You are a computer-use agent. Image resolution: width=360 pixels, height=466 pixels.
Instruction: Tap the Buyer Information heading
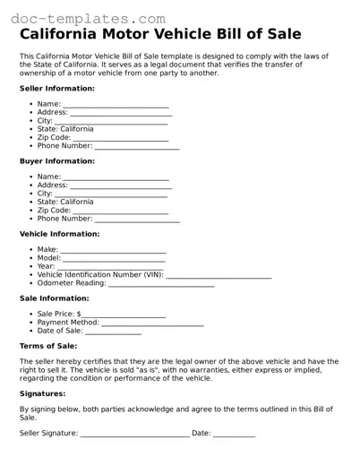pyautogui.click(x=56, y=161)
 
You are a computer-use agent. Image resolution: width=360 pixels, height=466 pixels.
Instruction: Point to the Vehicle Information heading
pyautogui.click(x=59, y=234)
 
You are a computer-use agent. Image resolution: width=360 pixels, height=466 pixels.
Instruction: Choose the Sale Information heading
pyautogui.click(x=54, y=298)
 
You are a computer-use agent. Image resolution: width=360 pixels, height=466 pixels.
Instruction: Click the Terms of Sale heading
pyautogui.click(x=47, y=346)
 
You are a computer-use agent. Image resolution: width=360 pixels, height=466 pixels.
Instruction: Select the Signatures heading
pyautogui.click(x=42, y=393)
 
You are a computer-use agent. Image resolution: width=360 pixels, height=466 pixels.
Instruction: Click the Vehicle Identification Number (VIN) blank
pyautogui.click(x=219, y=277)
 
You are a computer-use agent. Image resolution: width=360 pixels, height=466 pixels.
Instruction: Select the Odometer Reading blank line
pyautogui.click(x=161, y=285)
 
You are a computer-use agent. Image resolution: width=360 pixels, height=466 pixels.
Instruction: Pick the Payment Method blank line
pyautogui.click(x=152, y=324)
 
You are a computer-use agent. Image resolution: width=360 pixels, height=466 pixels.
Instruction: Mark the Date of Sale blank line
pyautogui.click(x=113, y=332)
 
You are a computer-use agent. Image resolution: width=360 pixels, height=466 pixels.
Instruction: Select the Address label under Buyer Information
pyautogui.click(x=53, y=186)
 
